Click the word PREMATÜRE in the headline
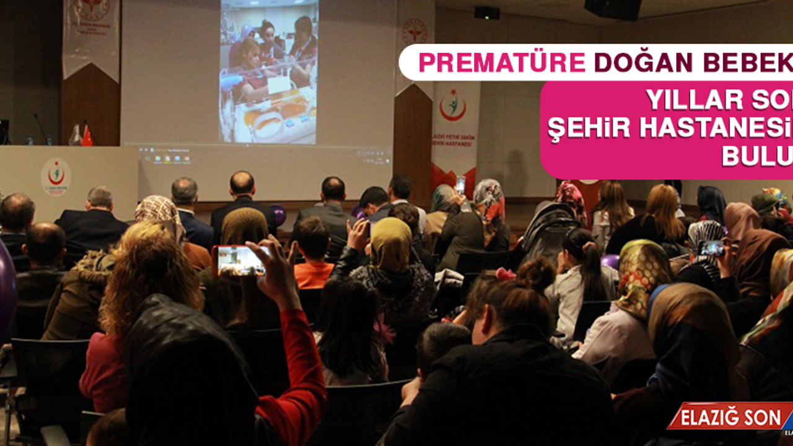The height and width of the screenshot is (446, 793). click(502, 63)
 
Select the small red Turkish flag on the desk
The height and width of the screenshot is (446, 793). click(87, 136)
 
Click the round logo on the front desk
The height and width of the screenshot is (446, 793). click(56, 177)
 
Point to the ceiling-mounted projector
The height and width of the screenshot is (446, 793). click(487, 12)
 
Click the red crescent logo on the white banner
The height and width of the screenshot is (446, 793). click(453, 105)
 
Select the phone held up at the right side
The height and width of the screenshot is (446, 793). click(711, 248)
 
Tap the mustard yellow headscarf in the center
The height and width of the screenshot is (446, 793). click(390, 245)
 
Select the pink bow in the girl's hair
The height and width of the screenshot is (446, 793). click(505, 274)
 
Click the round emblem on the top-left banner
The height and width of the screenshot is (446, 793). click(92, 9)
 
